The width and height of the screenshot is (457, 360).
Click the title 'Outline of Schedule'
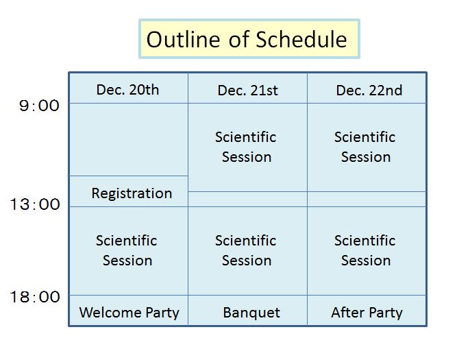pyautogui.click(x=247, y=39)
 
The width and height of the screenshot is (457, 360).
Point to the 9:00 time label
pyautogui.click(x=39, y=106)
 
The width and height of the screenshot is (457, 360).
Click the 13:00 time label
pyautogui.click(x=35, y=204)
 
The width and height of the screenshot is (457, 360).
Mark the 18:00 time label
pyautogui.click(x=35, y=297)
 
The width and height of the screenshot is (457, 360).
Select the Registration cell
pyautogui.click(x=129, y=191)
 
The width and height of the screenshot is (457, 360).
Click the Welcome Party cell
pyautogui.click(x=129, y=311)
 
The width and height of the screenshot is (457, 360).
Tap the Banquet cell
pyautogui.click(x=248, y=311)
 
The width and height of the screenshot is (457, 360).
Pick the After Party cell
pyautogui.click(x=367, y=311)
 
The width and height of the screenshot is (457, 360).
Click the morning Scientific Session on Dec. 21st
pyautogui.click(x=248, y=147)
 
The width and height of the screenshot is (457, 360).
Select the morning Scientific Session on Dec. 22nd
pyautogui.click(x=367, y=147)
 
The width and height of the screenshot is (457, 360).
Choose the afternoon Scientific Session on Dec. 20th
pyautogui.click(x=129, y=251)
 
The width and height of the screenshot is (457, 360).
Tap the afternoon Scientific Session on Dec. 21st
pyautogui.click(x=248, y=251)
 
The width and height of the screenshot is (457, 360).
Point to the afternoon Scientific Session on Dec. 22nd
pyautogui.click(x=367, y=251)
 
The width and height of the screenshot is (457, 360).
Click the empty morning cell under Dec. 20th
pyautogui.click(x=129, y=139)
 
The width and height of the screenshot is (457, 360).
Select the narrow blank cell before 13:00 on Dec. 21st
pyautogui.click(x=248, y=200)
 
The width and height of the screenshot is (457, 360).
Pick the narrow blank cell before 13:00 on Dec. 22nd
pyautogui.click(x=367, y=200)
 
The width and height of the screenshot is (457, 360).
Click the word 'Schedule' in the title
pyautogui.click(x=301, y=39)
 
